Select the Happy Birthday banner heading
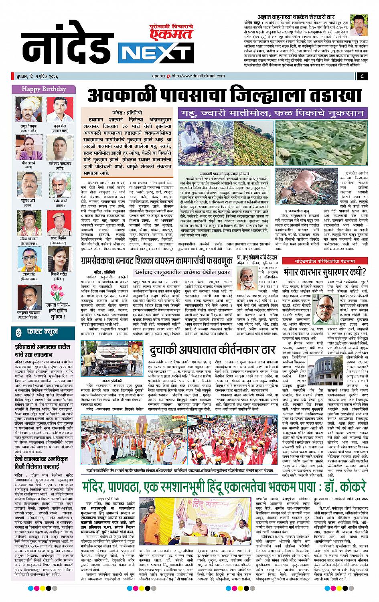(44, 89)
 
